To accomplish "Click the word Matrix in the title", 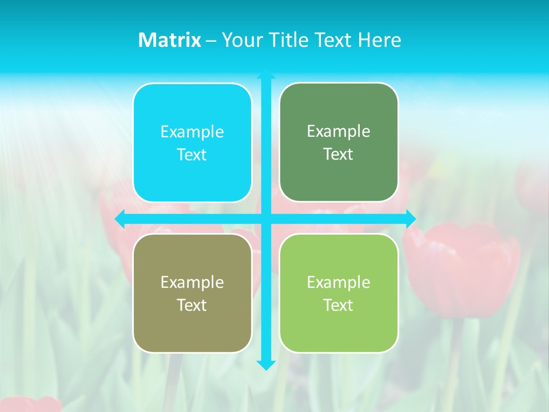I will click(170, 40).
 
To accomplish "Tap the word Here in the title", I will click(379, 40).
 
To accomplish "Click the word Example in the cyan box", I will click(192, 132).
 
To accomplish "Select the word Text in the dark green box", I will click(338, 154).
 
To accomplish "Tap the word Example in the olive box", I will click(192, 283).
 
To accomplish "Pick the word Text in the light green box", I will click(338, 305).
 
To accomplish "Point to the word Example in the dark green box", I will click(339, 132).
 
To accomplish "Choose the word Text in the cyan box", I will click(192, 155).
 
